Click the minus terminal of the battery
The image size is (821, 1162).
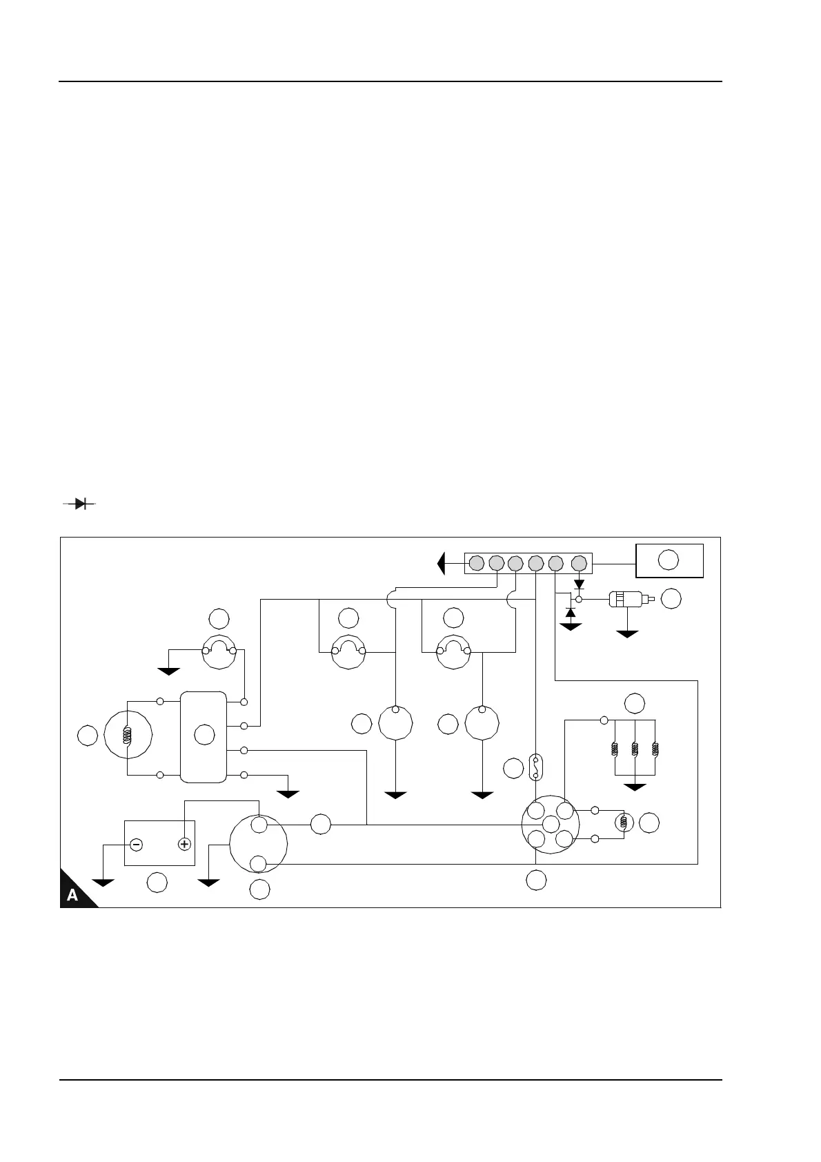136,844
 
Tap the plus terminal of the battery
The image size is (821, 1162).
184,844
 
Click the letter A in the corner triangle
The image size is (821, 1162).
72,895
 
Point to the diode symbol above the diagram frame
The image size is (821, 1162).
79,504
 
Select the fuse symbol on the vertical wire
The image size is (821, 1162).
535,767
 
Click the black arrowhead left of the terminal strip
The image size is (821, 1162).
442,564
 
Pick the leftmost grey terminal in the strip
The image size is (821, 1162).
476,564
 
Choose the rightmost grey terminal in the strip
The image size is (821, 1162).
579,564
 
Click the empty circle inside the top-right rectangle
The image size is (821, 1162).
668,560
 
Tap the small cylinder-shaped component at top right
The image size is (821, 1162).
627,600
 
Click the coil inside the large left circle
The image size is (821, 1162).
127,736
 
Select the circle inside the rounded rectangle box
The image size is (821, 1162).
204,736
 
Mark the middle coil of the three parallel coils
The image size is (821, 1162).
635,749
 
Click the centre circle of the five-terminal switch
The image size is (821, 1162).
550,825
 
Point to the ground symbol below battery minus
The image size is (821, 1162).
103,883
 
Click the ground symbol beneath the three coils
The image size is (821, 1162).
635,787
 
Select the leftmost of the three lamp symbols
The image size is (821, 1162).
219,651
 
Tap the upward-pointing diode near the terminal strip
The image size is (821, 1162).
571,612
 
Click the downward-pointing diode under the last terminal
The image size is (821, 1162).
579,585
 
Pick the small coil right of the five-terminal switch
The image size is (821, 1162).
624,823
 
